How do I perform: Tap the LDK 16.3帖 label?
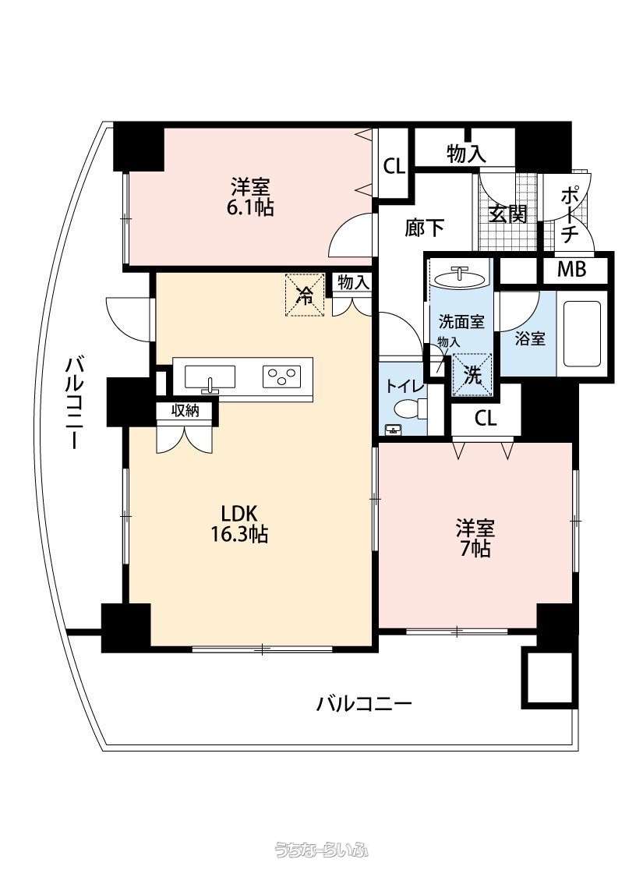[x=238, y=524]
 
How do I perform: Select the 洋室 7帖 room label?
[x=475, y=538]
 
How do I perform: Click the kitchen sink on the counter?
[x=210, y=376]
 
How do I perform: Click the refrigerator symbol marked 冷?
[x=305, y=294]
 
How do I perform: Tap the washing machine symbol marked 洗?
[x=472, y=375]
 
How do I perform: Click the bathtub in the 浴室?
[x=581, y=340]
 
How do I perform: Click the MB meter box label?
[x=572, y=270]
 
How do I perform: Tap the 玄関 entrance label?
[x=508, y=213]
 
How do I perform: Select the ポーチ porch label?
[x=569, y=214]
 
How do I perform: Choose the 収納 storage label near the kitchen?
[x=185, y=411]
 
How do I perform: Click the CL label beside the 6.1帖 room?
[x=394, y=166]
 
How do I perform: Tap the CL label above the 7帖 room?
[x=486, y=419]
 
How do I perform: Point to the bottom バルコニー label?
[x=364, y=703]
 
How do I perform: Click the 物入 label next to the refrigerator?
[x=354, y=283]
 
